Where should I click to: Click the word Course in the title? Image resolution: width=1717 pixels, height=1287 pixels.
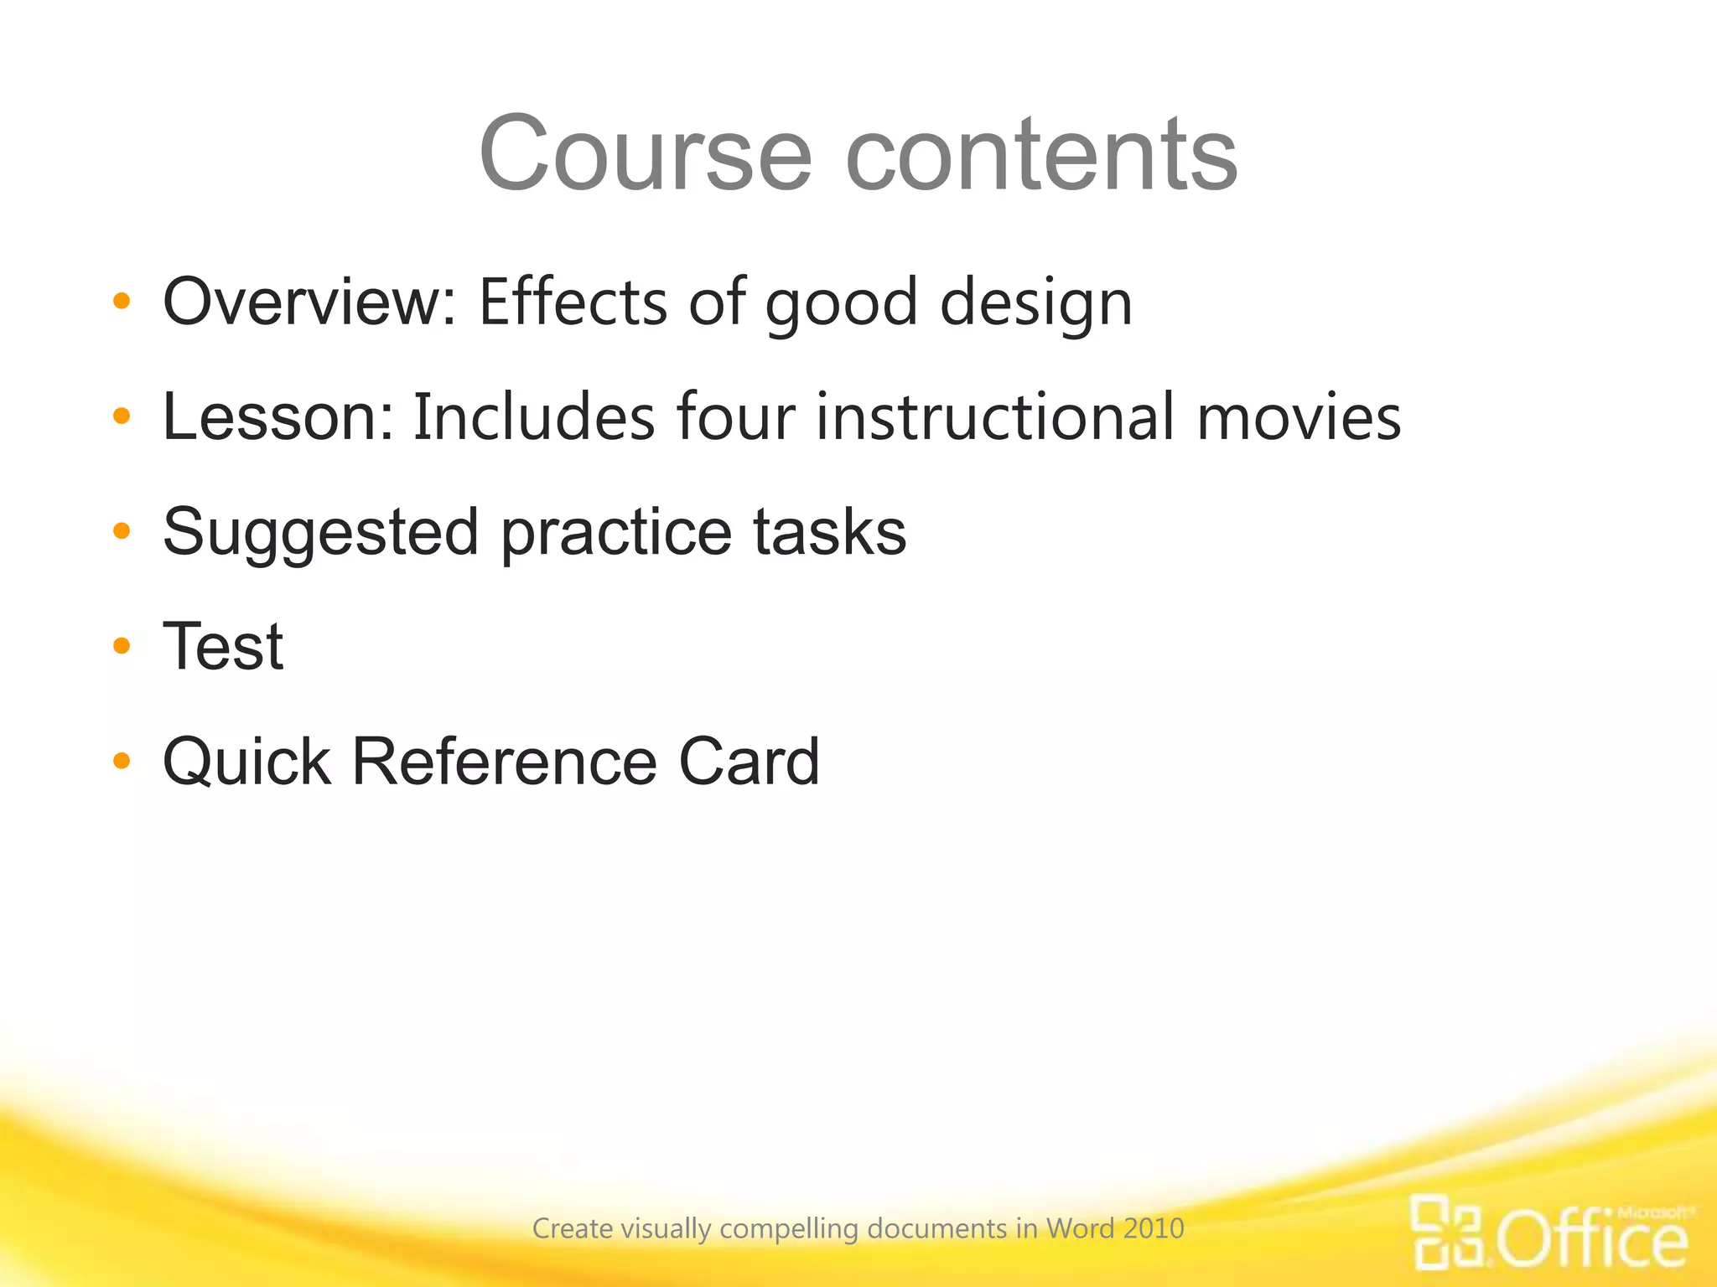pyautogui.click(x=646, y=154)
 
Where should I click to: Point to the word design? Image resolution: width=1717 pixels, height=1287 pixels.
pyautogui.click(x=1036, y=303)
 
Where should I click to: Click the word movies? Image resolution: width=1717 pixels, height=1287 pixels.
pyautogui.click(x=1299, y=417)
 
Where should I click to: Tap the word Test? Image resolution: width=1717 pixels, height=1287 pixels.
pyautogui.click(x=223, y=647)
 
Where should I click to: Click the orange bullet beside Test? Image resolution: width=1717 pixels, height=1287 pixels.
pyautogui.click(x=122, y=645)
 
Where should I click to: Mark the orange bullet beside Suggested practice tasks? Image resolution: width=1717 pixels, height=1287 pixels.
pyautogui.click(x=122, y=530)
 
